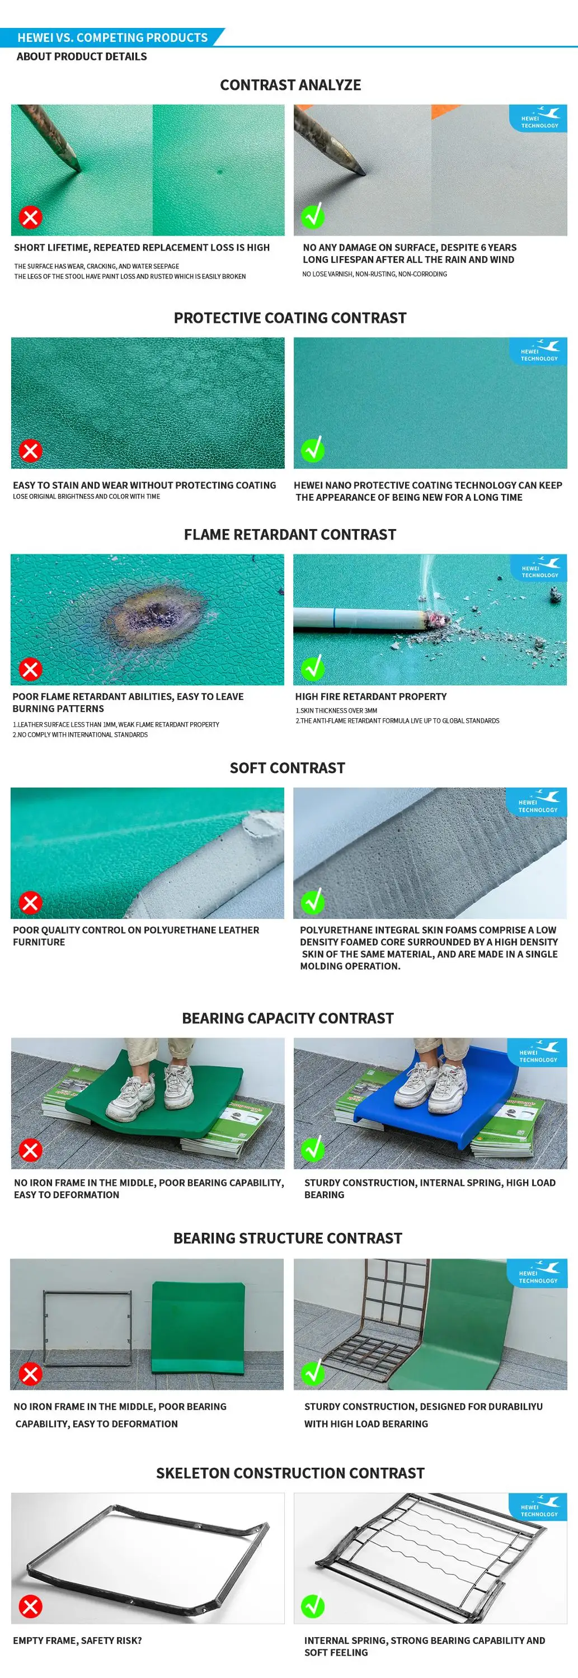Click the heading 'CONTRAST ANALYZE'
[290, 84]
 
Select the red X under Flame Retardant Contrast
[30, 669]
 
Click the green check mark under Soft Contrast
[313, 902]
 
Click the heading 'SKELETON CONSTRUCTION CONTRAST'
[290, 1473]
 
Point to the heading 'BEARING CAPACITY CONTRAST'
[288, 1018]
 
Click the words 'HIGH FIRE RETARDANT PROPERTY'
[371, 696]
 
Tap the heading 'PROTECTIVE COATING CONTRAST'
[290, 318]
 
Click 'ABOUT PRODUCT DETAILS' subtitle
[82, 56]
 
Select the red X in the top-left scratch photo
[30, 217]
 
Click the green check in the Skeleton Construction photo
[313, 1606]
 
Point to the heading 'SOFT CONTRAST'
[288, 768]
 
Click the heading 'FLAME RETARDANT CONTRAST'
[290, 535]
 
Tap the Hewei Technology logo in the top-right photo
[539, 118]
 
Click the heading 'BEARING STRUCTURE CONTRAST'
[288, 1238]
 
